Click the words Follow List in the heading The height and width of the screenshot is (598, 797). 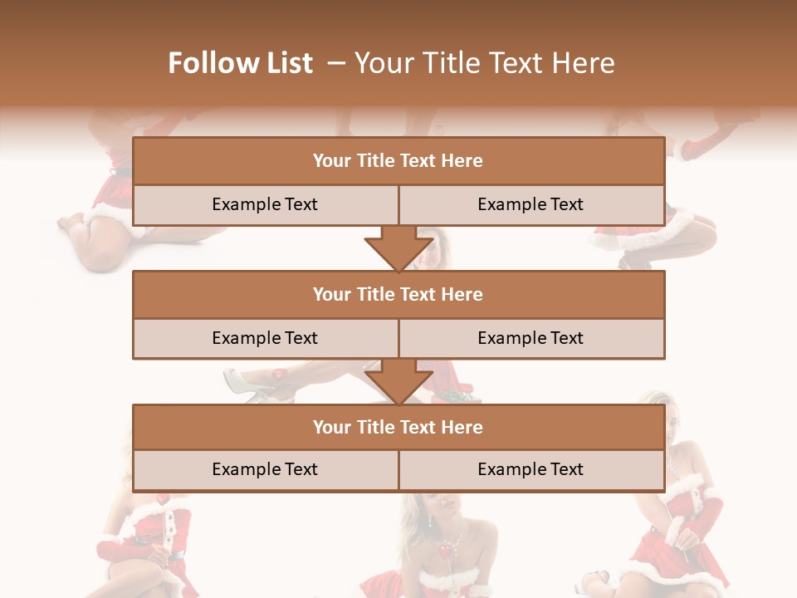(240, 63)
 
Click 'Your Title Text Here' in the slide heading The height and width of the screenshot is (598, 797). (484, 63)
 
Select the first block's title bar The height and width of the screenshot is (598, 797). (398, 161)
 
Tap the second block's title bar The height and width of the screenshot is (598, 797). (398, 294)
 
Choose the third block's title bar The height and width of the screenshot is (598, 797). (398, 427)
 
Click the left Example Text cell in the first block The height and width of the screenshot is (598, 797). (265, 204)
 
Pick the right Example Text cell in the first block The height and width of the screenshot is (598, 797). (531, 204)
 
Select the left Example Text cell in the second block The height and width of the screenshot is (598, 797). (265, 338)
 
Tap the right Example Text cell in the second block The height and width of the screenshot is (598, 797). (531, 338)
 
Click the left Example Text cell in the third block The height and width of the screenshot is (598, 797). (265, 469)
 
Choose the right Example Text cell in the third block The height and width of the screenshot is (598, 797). (531, 469)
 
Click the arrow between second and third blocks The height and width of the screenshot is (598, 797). (398, 381)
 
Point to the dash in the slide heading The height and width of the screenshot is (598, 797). (335, 63)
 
